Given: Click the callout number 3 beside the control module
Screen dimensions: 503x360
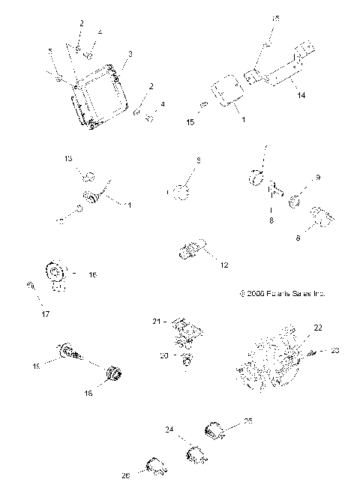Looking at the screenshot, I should point(130,54).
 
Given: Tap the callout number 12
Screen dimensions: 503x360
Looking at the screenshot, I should point(224,265).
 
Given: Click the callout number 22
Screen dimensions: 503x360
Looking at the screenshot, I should point(296,328).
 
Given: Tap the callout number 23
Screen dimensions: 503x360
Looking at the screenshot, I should point(334,349).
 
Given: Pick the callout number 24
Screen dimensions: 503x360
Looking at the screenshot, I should point(169,430).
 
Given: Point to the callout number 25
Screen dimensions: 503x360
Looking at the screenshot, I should point(247,421).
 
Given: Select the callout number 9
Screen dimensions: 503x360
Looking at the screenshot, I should point(318,177).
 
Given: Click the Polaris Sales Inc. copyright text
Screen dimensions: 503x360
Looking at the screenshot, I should point(281,294).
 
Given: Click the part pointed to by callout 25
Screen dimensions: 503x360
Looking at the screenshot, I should point(215,430).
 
